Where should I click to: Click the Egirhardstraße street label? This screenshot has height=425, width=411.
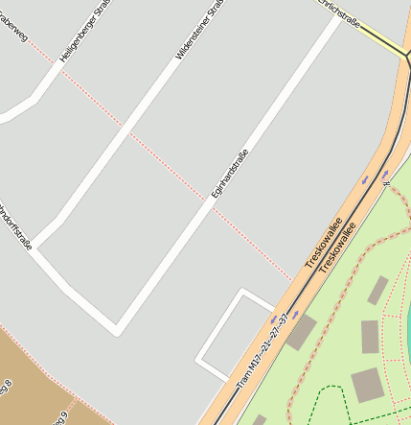(230, 175)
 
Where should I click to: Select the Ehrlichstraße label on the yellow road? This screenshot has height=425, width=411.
(341, 12)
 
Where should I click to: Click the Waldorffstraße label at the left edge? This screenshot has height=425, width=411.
(13, 224)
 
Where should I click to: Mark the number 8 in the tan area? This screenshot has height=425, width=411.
(9, 386)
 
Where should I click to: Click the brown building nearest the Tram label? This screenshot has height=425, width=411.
(300, 333)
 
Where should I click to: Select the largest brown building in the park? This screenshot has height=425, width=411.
(367, 385)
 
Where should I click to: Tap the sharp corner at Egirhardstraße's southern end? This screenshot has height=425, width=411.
(117, 332)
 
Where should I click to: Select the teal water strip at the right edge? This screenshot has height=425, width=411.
(408, 326)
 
